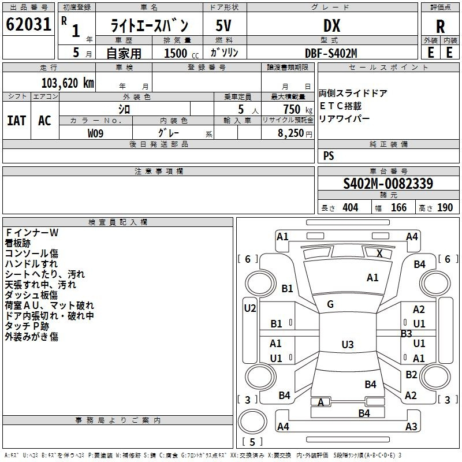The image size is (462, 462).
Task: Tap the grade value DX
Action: pos(331,26)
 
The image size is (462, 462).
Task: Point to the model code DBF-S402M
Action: pos(331,53)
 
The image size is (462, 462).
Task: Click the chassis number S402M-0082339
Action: pos(388,184)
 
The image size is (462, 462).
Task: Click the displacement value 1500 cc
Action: pos(180,53)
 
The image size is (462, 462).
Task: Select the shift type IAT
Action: pos(16,121)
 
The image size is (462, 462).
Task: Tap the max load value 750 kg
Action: pos(292,109)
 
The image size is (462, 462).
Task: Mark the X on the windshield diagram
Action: pos(379,253)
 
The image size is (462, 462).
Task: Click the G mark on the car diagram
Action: pos(330,304)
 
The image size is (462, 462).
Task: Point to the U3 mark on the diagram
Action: pos(347,345)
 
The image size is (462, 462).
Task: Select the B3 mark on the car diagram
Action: pos(407,333)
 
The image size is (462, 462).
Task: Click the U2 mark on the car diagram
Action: pos(249,308)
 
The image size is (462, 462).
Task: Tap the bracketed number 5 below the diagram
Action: pos(252,442)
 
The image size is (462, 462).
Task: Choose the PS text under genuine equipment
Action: pos(329,156)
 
